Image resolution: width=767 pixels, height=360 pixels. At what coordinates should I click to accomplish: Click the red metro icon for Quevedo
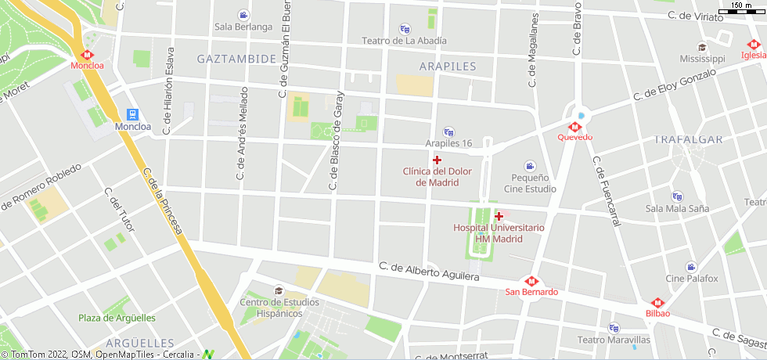(574, 126)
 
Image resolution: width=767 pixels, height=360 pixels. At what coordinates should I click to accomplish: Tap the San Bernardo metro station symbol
(531, 281)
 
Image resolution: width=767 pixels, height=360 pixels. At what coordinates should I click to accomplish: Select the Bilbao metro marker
(657, 303)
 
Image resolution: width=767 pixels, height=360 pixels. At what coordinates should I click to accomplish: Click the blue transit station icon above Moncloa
(133, 114)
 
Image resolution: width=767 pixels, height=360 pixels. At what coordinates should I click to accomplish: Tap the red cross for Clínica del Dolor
(437, 160)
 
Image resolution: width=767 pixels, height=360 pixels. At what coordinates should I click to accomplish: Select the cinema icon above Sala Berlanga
(243, 15)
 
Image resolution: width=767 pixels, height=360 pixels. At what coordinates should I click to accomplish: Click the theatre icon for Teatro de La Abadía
(405, 29)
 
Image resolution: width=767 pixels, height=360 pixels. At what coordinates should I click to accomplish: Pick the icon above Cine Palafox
(691, 267)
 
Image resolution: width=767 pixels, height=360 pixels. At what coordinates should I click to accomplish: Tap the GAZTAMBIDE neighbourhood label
(236, 59)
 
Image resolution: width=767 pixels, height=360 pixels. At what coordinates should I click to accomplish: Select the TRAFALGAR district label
(687, 139)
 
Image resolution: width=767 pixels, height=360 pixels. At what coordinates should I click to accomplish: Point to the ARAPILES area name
(448, 67)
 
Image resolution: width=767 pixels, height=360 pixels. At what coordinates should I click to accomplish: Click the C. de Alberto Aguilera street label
(428, 271)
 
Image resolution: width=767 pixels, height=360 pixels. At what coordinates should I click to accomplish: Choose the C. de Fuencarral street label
(607, 192)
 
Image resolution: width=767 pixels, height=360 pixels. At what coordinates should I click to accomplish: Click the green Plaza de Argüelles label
(117, 318)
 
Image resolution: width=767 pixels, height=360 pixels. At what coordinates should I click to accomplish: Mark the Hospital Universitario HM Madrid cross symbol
(499, 216)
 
